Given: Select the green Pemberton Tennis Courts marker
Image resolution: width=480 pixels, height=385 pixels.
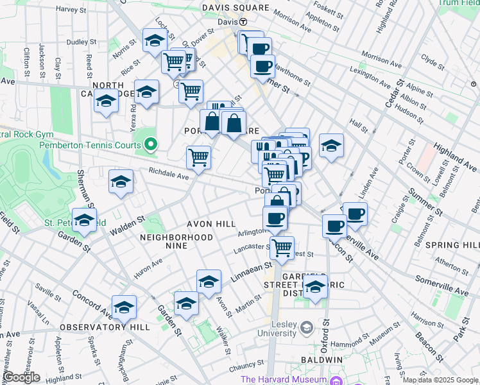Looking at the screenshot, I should point(151,144).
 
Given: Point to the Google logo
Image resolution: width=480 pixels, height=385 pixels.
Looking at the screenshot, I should point(21,377).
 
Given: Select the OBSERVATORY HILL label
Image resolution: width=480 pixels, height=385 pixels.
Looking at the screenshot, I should point(105,327).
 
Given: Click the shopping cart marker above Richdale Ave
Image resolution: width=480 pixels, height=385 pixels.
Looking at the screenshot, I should point(199,157).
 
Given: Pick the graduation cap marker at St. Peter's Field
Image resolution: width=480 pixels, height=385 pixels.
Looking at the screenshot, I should point(84,220).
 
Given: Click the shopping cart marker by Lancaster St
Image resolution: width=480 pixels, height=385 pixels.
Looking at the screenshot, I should point(282,247).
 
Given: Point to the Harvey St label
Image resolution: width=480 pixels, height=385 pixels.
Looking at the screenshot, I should point(71,10).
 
